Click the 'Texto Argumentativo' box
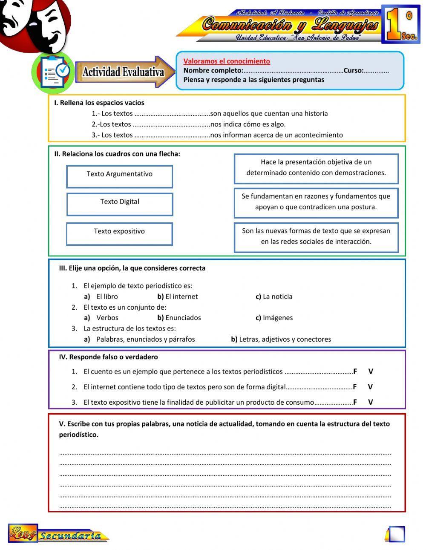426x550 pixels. click(x=119, y=176)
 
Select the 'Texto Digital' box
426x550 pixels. click(x=119, y=204)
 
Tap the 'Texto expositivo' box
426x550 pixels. click(x=119, y=233)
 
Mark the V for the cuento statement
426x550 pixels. click(x=370, y=371)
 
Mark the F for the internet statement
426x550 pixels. click(x=355, y=387)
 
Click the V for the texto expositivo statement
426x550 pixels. click(x=370, y=402)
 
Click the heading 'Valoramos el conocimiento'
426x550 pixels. click(x=227, y=61)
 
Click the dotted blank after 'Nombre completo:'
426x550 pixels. click(x=293, y=71)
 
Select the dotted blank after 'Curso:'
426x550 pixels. click(x=377, y=71)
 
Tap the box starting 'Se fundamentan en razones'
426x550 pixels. click(x=316, y=202)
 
